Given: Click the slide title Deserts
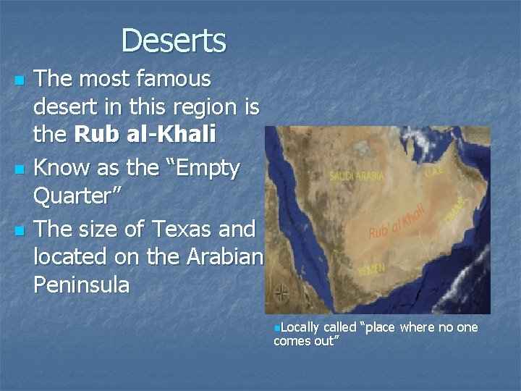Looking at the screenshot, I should tap(174, 41).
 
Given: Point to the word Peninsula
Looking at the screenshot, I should tap(81, 285).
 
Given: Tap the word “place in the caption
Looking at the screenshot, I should tap(377, 327).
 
